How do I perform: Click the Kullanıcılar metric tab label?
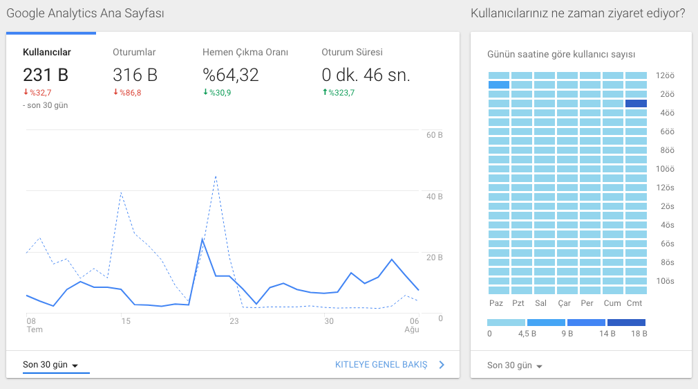point(47,52)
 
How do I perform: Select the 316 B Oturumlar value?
point(135,75)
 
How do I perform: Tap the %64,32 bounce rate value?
point(231,75)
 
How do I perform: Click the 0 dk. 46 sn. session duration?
point(366,75)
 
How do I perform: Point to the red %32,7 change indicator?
point(37,93)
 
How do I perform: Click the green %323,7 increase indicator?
point(339,93)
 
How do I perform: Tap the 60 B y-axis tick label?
point(435,135)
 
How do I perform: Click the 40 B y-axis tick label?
point(435,197)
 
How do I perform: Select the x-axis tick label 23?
point(234,320)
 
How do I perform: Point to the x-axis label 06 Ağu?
point(412,325)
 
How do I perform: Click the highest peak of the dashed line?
point(216,177)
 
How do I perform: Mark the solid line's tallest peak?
point(202,239)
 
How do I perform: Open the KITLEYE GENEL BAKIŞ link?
point(381,365)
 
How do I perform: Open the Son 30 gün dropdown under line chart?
point(50,365)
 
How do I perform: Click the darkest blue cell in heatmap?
point(636,104)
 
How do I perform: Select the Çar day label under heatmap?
point(565,303)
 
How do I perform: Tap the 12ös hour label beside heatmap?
point(665,188)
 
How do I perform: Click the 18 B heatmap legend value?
point(639,334)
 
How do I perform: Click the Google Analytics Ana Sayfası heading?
point(85,13)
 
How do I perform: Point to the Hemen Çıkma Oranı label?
point(245,52)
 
